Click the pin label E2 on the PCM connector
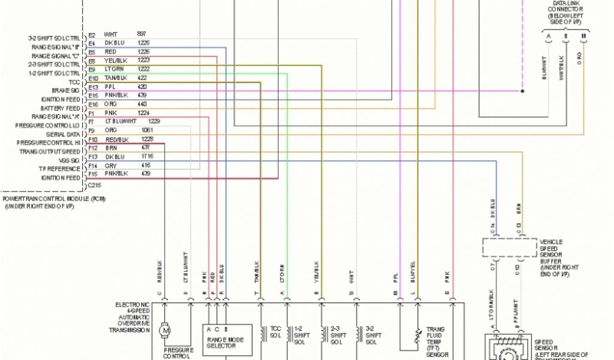[92, 35]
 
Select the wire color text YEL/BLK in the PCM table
[116, 61]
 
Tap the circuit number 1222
[144, 70]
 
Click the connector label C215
[94, 186]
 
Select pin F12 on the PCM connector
[93, 148]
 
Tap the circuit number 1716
[147, 157]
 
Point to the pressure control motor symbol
[164, 329]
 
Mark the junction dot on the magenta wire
[522, 91]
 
